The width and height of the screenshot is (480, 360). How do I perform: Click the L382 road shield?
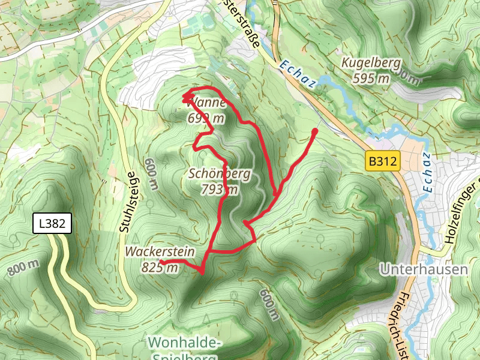click(x=52, y=224)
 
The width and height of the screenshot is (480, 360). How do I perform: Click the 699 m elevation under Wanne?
click(x=206, y=118)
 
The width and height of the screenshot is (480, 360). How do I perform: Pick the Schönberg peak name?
click(x=220, y=175)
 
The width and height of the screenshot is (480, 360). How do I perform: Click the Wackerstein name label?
click(x=160, y=251)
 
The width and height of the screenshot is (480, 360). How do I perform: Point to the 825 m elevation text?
click(x=160, y=268)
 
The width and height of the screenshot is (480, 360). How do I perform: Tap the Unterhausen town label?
click(x=424, y=269)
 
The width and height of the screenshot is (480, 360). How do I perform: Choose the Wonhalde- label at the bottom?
click(x=185, y=343)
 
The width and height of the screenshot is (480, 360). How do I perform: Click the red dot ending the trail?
click(x=315, y=131)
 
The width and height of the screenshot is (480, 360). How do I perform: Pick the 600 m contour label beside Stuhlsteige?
click(x=151, y=174)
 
